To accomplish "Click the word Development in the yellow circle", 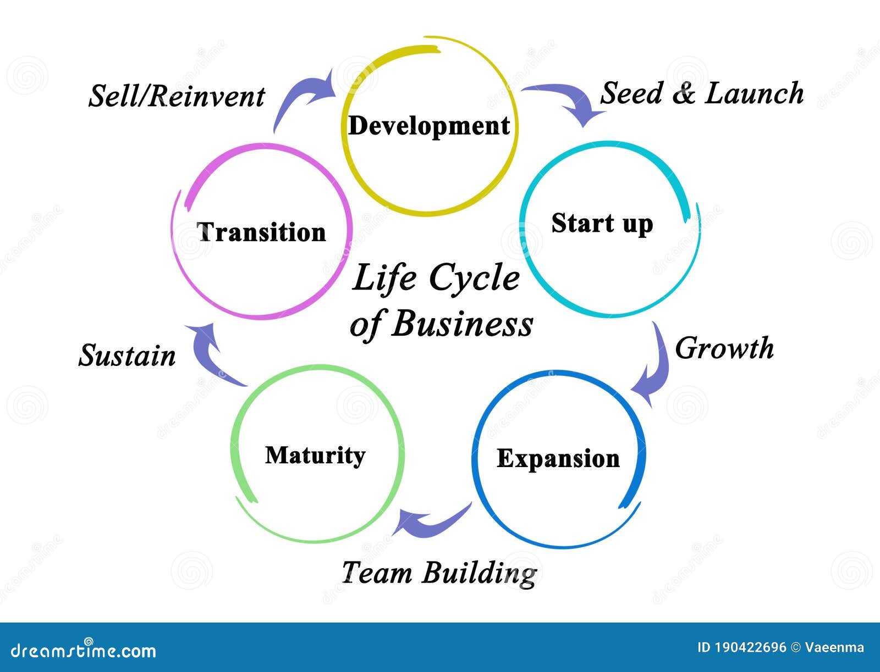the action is pyautogui.click(x=429, y=126).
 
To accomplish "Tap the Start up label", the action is pyautogui.click(x=602, y=224).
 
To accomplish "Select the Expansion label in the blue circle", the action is pyautogui.click(x=558, y=459).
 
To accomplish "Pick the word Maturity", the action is pyautogui.click(x=315, y=456).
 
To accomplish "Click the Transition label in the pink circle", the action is pyautogui.click(x=261, y=232).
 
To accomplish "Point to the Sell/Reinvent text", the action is pyautogui.click(x=177, y=97).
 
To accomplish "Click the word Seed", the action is pyautogui.click(x=631, y=93).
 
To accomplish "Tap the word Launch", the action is pyautogui.click(x=754, y=93).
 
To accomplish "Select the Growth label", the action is pyautogui.click(x=724, y=348).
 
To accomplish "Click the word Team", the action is pyautogui.click(x=377, y=573).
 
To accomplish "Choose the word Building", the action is pyautogui.click(x=480, y=574).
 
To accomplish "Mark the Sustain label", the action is pyautogui.click(x=127, y=355).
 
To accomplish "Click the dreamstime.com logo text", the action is pyautogui.click(x=84, y=651).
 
